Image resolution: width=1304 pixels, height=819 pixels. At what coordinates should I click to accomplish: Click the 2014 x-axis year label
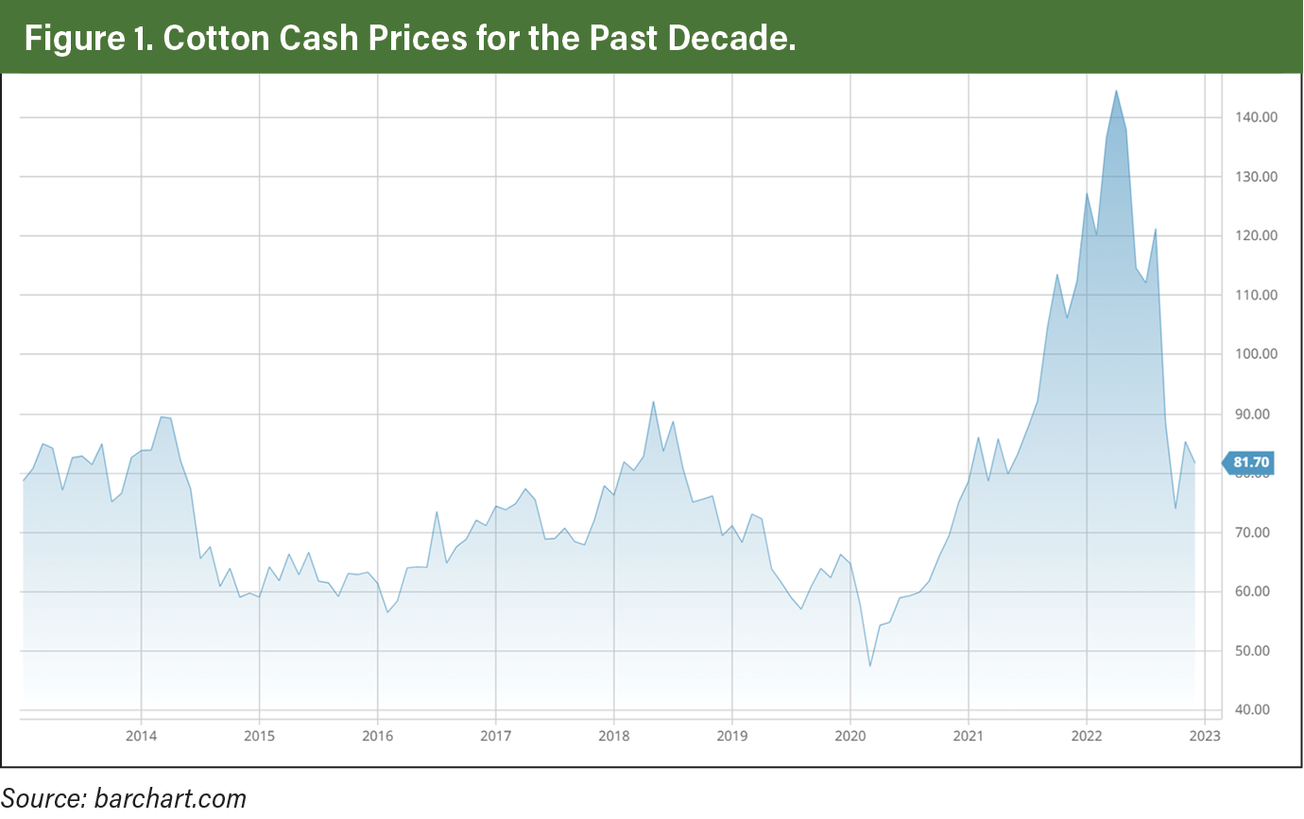click(141, 736)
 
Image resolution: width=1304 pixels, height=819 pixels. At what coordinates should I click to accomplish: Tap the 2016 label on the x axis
click(377, 736)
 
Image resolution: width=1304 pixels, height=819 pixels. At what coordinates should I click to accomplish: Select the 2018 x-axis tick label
click(614, 736)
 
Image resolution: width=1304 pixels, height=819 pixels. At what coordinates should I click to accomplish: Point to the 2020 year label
click(850, 736)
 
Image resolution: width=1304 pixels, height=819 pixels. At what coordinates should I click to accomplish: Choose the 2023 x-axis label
click(1206, 736)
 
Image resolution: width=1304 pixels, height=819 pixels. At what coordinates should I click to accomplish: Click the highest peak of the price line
click(1116, 91)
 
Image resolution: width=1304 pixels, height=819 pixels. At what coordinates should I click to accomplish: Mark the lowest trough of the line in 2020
click(869, 666)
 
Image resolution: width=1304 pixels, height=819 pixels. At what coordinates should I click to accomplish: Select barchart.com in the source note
click(170, 798)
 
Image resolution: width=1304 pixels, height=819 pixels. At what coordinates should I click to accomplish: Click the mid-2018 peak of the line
click(653, 401)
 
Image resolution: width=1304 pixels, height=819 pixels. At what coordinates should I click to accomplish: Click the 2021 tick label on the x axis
click(969, 736)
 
